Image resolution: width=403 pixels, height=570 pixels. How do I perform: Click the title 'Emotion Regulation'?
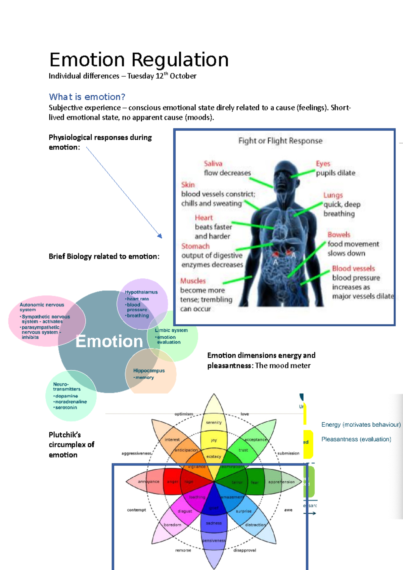click(139, 60)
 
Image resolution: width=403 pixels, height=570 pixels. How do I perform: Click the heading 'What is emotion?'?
click(87, 97)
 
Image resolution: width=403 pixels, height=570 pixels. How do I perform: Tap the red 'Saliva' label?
click(213, 163)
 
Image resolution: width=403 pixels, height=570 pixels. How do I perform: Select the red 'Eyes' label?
click(323, 163)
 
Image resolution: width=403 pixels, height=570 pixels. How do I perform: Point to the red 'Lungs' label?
click(333, 195)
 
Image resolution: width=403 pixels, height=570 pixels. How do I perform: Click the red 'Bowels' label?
click(339, 235)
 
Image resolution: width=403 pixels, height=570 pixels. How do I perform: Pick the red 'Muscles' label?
click(193, 281)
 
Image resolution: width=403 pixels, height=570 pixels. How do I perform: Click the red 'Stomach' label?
click(195, 246)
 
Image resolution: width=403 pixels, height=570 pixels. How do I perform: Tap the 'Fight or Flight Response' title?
click(280, 141)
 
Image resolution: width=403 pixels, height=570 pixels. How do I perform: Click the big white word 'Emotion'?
click(109, 341)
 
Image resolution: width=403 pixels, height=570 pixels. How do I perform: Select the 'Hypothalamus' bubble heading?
click(141, 292)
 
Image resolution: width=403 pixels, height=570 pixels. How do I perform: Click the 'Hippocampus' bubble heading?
click(149, 371)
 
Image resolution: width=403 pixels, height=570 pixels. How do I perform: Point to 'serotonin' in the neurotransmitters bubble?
click(66, 408)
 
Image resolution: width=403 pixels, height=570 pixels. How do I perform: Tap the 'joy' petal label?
click(214, 440)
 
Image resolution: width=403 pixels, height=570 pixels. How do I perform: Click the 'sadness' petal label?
click(214, 523)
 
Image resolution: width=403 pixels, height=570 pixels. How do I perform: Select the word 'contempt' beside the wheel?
click(136, 510)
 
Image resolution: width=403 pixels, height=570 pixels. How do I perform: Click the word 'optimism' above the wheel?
click(184, 414)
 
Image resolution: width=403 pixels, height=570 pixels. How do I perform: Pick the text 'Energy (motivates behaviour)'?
click(361, 425)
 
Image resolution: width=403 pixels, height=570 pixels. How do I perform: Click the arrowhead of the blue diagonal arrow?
click(160, 236)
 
